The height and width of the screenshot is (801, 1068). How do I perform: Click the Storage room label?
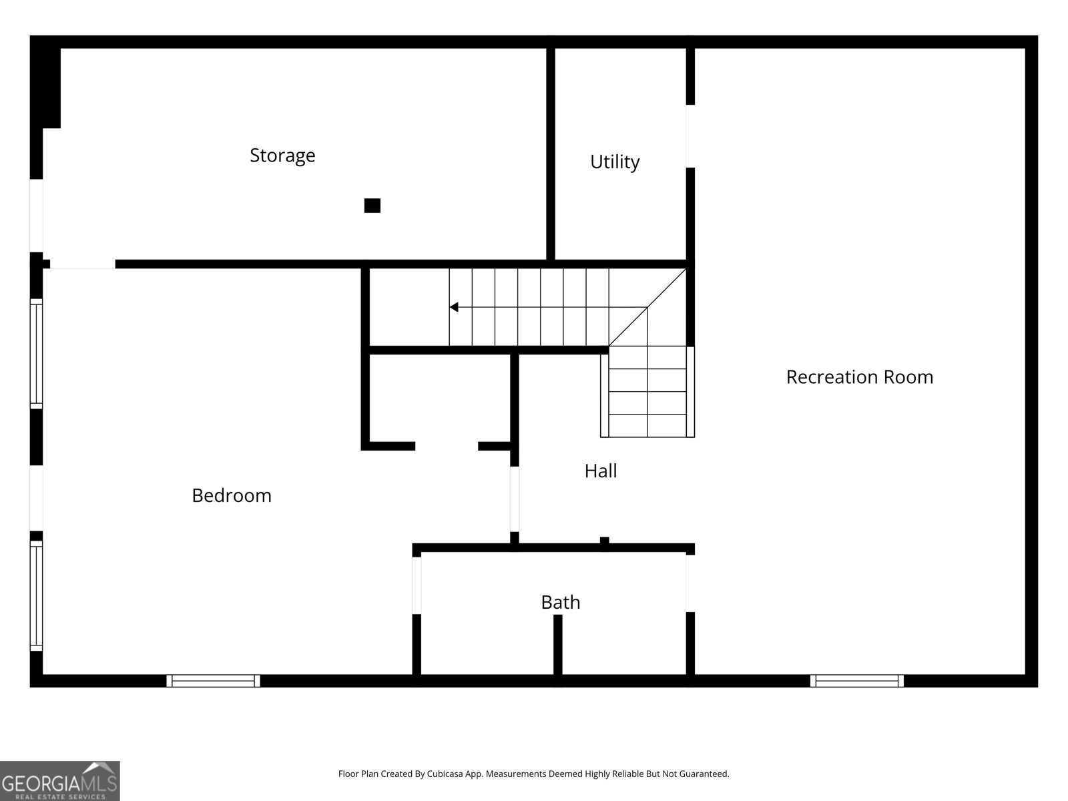coord(282,156)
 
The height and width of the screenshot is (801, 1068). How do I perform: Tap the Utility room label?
coord(615,162)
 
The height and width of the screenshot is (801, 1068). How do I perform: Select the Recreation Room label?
coord(860,377)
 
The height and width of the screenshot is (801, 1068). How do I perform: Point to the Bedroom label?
coord(232,495)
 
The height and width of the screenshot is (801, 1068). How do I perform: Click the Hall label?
coord(600,471)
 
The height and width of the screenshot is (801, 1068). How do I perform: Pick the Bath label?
coord(561,602)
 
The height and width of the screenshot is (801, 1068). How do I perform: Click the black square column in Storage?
coord(372,206)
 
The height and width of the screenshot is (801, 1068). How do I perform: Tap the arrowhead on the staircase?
coord(453,307)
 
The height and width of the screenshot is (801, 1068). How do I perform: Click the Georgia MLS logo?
coord(60,780)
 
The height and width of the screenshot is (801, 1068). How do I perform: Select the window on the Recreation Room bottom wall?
coord(856,681)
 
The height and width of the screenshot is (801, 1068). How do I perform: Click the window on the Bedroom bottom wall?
coord(213,681)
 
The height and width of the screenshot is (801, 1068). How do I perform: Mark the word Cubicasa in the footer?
coord(445,774)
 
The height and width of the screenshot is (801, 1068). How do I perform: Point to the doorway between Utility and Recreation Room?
coord(690,136)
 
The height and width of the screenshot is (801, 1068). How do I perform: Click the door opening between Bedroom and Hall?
coord(514,499)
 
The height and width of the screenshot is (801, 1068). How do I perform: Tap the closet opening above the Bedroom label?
coord(447,446)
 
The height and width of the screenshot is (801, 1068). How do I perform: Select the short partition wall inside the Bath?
coord(558,644)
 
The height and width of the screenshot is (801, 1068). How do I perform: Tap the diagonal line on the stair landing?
coord(647,307)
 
